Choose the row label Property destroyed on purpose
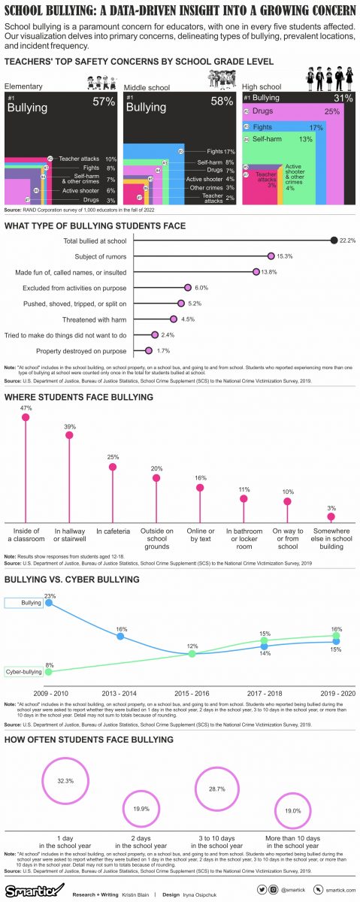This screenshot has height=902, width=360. tap(81, 350)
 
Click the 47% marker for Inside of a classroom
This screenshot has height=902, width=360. tap(26, 416)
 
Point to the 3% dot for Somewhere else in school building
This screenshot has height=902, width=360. tap(331, 516)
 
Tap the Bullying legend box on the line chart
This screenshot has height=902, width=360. tap(23, 603)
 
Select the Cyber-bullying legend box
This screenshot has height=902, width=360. tap(23, 671)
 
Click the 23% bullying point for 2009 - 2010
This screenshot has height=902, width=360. tap(50, 602)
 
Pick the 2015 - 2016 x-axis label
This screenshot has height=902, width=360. tap(192, 692)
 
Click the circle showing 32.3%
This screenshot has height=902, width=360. tap(65, 781)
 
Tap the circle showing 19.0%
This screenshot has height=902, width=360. tap(292, 810)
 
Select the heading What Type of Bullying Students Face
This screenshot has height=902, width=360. tap(95, 225)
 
